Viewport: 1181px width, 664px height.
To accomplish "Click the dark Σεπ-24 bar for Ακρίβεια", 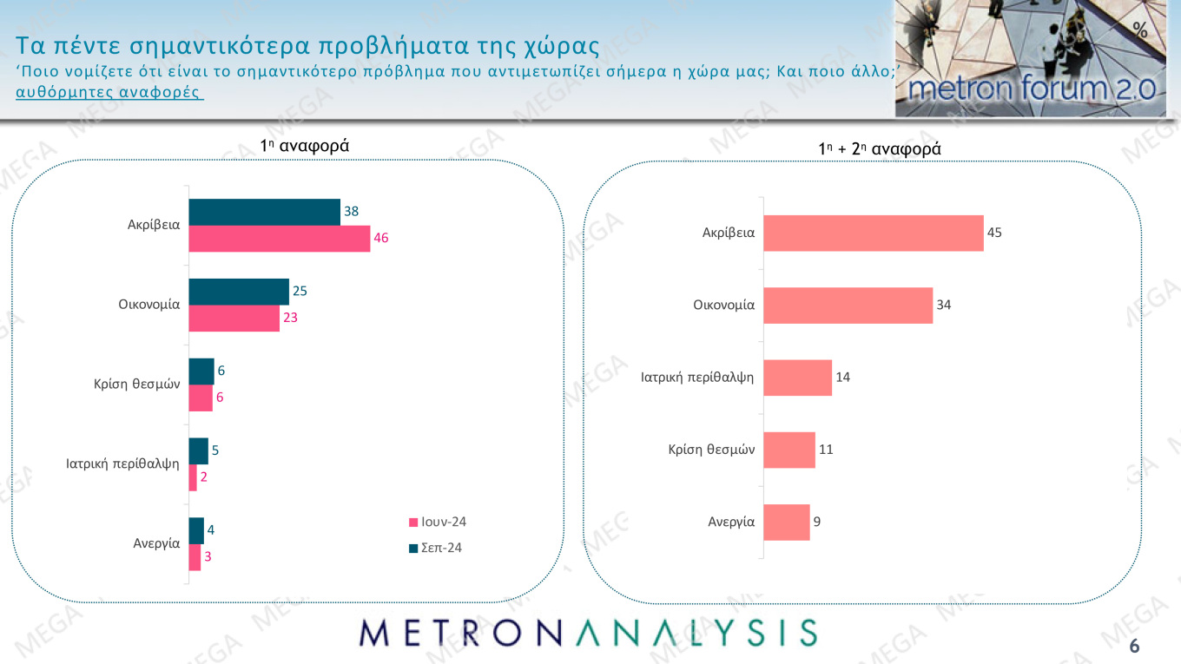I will [x=264, y=212].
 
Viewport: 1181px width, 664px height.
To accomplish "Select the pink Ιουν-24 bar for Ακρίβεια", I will [x=279, y=239].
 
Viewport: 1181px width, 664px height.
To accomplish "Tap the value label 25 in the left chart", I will [x=299, y=291].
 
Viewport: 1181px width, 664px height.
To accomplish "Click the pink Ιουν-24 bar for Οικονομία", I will [x=234, y=319].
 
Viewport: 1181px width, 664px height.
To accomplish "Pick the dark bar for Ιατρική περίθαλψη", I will [x=198, y=451].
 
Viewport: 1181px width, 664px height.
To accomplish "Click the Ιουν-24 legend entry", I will [x=438, y=523].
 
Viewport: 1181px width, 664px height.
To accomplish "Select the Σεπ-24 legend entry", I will [x=435, y=548].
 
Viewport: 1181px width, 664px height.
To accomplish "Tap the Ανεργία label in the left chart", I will [x=156, y=543].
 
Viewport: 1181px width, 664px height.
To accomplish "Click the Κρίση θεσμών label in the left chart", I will [x=136, y=384].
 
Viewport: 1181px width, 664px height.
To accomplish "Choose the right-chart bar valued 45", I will [x=873, y=233].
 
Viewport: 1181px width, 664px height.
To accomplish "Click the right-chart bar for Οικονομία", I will [x=848, y=306].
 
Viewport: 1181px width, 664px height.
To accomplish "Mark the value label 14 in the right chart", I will [x=843, y=378].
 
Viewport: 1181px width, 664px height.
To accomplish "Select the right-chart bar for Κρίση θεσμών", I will [x=788, y=450].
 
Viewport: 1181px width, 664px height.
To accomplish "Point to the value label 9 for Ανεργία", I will [x=817, y=523].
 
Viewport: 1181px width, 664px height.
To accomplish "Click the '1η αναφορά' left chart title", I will [x=304, y=146].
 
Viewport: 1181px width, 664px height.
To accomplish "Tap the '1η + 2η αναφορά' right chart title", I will [x=879, y=149].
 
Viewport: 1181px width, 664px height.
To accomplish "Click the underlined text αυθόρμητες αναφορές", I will [x=109, y=92].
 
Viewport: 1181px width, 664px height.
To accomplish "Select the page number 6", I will [x=1134, y=647].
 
